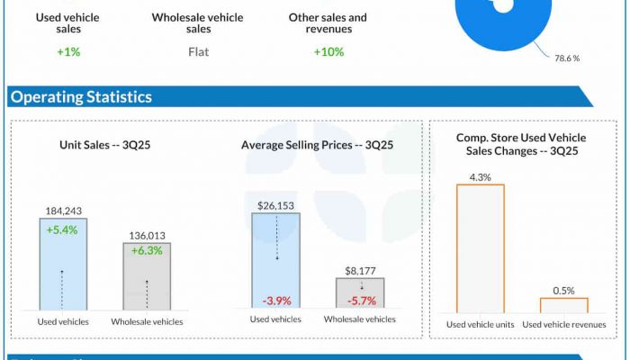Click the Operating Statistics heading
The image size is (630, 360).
pos(81,96)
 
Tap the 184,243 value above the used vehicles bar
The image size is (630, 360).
pos(63,211)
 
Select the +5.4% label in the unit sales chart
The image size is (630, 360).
pos(63,230)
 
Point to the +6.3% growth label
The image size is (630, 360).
pos(146,251)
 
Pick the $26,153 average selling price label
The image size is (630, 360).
pos(276,205)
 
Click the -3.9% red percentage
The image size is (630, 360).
pos(276,300)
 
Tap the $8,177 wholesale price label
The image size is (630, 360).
pos(360,269)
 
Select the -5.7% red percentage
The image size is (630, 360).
pos(360,300)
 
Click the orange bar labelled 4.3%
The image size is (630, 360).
pos(481,247)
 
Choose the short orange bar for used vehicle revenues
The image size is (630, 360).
pos(564,304)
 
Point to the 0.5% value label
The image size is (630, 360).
pos(564,290)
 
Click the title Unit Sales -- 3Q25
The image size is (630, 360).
pos(104,144)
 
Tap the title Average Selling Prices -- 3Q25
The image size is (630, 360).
pos(318,144)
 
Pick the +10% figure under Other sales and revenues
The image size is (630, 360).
pos(328,52)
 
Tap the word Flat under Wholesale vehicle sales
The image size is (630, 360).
pos(198,52)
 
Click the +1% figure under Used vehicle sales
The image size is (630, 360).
pos(67,52)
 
